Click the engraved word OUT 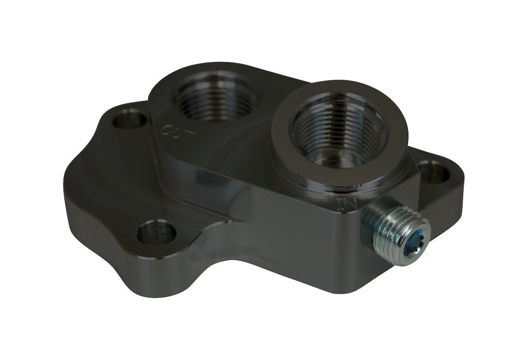point(178,133)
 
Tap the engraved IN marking point(347,204)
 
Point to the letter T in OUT point(190,137)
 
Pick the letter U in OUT point(178,133)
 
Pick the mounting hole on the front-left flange point(156,234)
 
